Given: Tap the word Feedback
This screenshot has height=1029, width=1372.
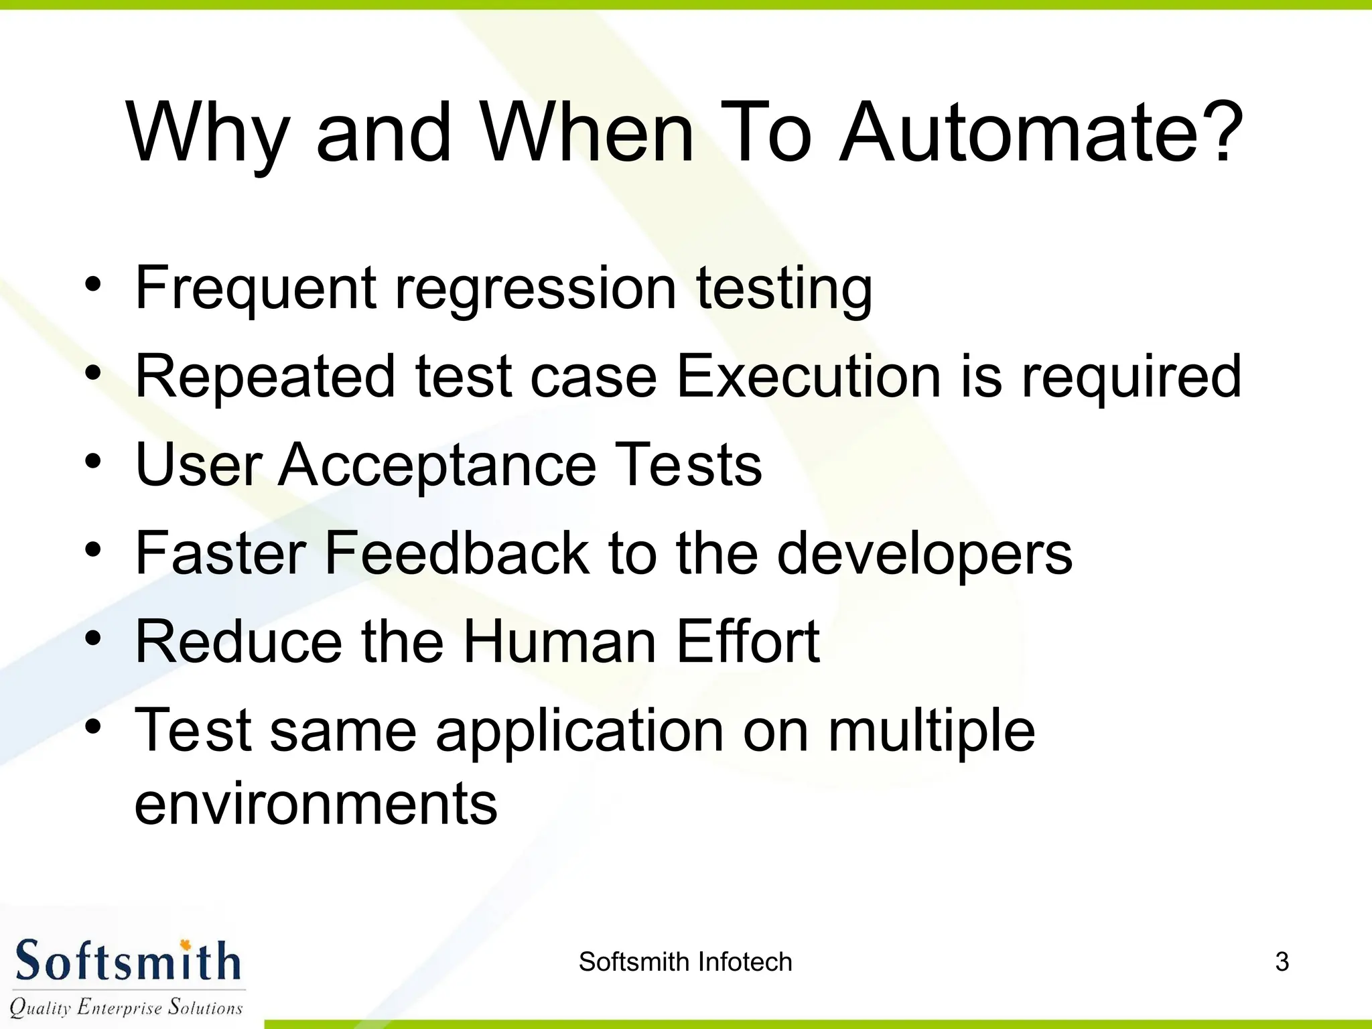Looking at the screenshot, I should [456, 553].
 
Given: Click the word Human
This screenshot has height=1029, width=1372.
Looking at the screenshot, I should [559, 641].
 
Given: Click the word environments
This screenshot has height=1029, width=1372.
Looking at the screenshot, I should [316, 804].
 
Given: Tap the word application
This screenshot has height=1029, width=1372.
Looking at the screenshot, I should [579, 732].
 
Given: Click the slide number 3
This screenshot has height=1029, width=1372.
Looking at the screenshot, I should [1282, 962].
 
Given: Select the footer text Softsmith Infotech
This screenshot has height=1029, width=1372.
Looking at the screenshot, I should [685, 962].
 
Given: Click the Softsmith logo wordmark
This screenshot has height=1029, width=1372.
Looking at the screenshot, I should [127, 961].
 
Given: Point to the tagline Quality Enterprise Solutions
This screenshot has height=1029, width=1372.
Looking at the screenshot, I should [126, 1007].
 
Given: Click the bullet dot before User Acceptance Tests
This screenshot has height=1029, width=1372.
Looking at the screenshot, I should [93, 462].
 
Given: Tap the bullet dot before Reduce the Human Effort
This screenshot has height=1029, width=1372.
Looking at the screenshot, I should [93, 638].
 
